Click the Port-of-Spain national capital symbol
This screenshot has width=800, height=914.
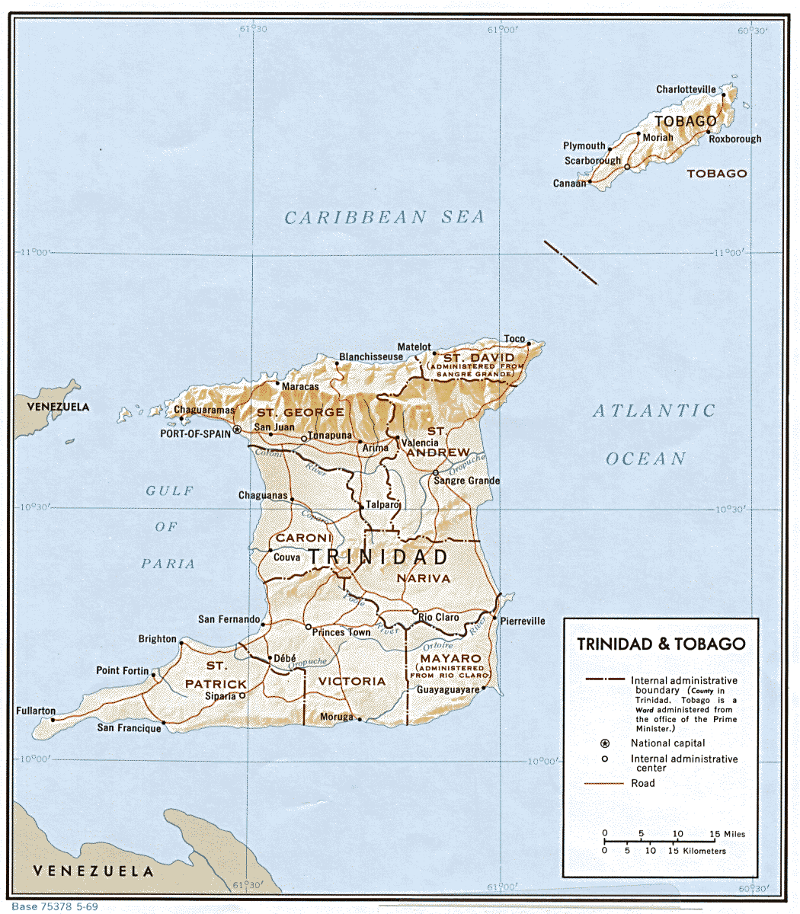[237, 430]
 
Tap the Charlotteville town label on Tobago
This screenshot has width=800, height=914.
[686, 90]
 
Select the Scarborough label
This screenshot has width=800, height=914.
[592, 161]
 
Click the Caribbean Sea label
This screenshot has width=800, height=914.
[384, 218]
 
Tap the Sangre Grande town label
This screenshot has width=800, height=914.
[466, 481]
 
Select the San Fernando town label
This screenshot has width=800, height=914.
[229, 619]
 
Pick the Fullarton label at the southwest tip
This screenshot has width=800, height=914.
[36, 711]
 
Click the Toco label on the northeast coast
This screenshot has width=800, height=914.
[514, 340]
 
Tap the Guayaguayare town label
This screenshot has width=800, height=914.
[447, 690]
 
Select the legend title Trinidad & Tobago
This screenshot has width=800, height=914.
[661, 644]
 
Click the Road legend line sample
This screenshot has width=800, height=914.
[603, 783]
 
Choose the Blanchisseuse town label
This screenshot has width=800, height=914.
[371, 356]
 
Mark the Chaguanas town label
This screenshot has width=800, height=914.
[262, 496]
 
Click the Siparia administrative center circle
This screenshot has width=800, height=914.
[242, 695]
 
